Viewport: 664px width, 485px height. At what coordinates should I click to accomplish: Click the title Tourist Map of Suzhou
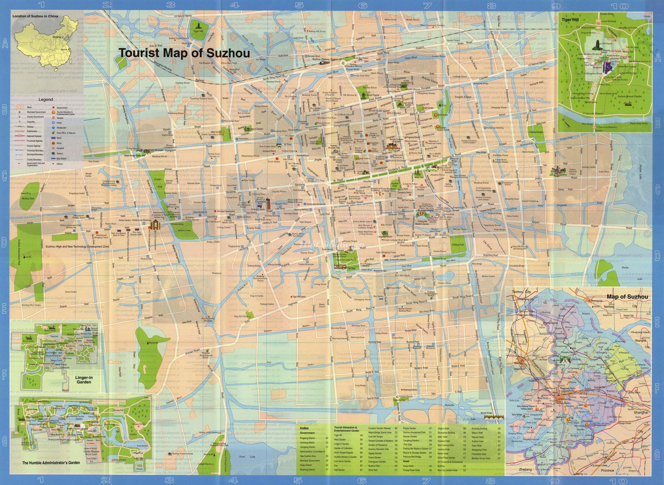[184, 53]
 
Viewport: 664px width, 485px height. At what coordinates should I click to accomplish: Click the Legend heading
[45, 100]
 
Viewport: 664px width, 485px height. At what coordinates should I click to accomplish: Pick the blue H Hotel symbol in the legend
[54, 123]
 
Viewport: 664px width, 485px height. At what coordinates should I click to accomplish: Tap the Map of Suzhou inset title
[627, 297]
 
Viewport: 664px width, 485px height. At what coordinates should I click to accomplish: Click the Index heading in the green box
[304, 428]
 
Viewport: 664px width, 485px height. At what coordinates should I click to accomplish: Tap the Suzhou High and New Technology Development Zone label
[77, 246]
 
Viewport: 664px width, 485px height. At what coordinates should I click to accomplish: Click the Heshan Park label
[28, 198]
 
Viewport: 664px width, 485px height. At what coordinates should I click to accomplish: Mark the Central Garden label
[536, 132]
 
